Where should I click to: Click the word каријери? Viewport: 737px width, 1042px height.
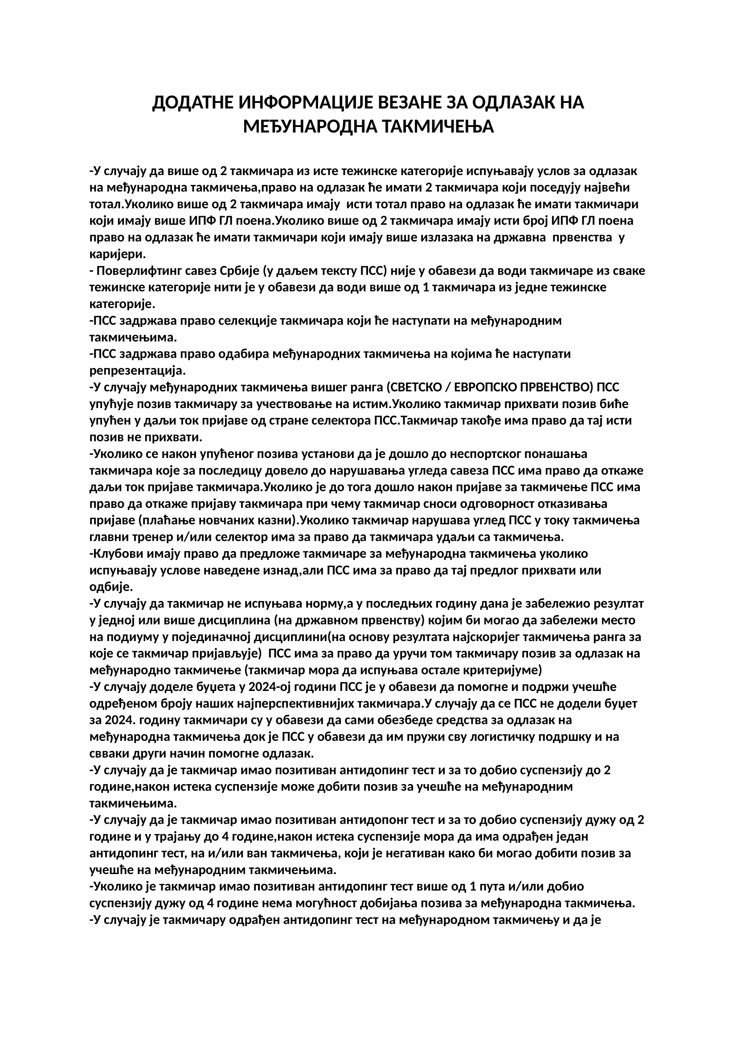point(117,253)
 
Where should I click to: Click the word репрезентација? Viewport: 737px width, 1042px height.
point(138,371)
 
